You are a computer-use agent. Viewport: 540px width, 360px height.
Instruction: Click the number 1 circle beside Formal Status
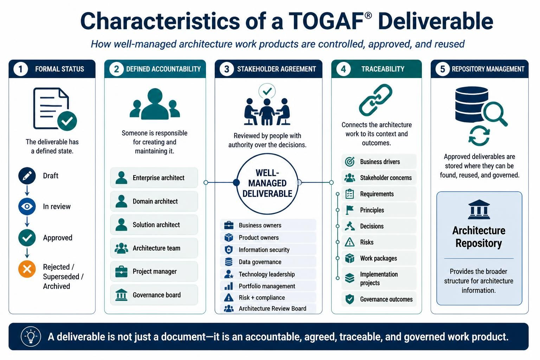click(x=20, y=69)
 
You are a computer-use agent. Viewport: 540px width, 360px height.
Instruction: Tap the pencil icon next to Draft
click(x=27, y=176)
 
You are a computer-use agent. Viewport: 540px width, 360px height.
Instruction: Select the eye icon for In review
click(x=27, y=206)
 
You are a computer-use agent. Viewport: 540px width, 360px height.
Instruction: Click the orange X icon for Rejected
click(x=27, y=269)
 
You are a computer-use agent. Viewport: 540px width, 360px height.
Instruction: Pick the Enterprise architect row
click(x=154, y=178)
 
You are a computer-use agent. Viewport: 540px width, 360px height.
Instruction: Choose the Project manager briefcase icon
click(x=121, y=271)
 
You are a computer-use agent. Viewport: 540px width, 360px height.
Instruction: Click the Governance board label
click(x=157, y=295)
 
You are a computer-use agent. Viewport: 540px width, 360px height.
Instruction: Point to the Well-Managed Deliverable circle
click(x=267, y=184)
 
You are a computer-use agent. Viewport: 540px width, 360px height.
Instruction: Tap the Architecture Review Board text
click(x=272, y=309)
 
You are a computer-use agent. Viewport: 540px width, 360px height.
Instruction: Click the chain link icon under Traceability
click(x=375, y=100)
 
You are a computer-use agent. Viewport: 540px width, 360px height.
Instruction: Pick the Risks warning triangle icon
click(x=349, y=242)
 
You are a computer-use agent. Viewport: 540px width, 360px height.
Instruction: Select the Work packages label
click(x=379, y=258)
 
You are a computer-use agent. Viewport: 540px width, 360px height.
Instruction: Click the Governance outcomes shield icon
click(x=349, y=299)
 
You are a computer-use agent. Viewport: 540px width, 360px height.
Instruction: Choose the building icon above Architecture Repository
click(x=479, y=209)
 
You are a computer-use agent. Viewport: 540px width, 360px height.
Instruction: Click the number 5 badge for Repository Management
click(x=443, y=69)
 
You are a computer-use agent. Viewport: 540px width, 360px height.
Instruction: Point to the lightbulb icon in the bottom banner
click(x=31, y=336)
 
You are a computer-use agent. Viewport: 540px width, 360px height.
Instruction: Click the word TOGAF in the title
click(x=326, y=21)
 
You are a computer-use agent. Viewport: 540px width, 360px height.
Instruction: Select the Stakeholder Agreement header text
click(x=277, y=69)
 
